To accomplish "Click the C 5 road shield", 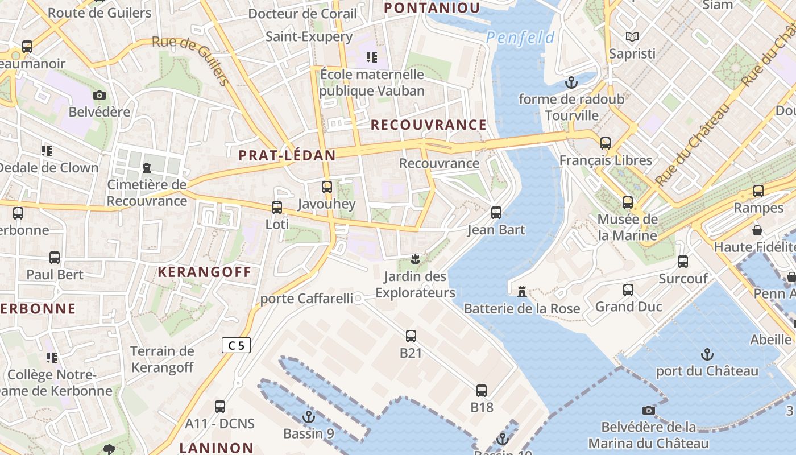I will [236, 345].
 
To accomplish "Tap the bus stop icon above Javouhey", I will [327, 187].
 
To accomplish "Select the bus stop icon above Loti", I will [277, 207].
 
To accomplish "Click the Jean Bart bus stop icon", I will [496, 213].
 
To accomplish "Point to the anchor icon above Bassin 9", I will [309, 417].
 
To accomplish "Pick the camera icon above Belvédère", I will [100, 95].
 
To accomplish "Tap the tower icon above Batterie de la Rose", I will [521, 292].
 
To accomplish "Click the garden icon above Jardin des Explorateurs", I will [416, 260].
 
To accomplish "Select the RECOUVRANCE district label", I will [429, 125].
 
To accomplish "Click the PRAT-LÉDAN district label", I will [287, 155].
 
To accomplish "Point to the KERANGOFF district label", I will [204, 272].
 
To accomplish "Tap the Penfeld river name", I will [520, 38].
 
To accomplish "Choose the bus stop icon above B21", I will [411, 336].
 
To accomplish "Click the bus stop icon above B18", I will [482, 391].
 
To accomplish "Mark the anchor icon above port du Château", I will [707, 354].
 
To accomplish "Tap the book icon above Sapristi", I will [632, 37].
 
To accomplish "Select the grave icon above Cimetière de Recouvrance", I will [147, 168].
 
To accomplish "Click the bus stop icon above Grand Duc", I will [628, 290].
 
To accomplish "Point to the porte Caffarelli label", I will [306, 299].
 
